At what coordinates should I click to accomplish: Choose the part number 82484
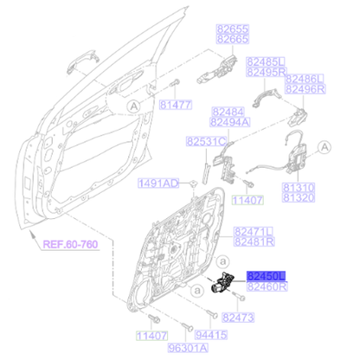(x=227, y=112)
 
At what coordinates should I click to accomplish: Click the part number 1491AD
(x=158, y=183)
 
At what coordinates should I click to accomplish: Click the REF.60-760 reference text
(x=68, y=245)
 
